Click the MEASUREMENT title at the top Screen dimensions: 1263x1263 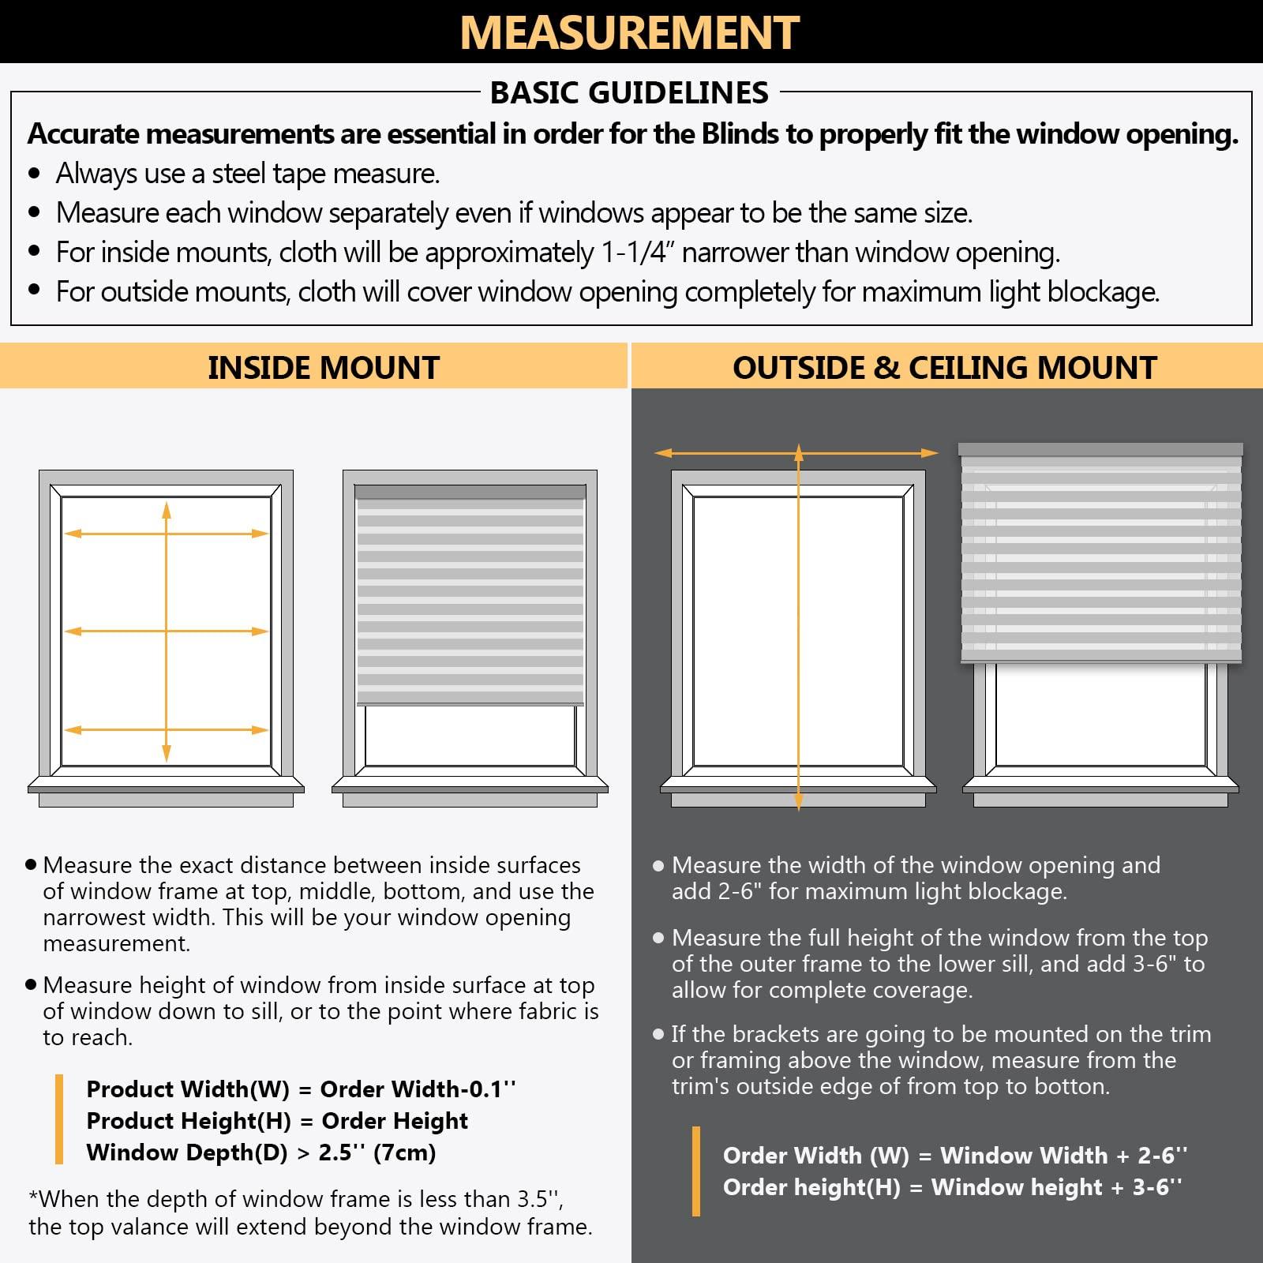pos(629,32)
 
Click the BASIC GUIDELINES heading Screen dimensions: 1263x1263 pos(629,93)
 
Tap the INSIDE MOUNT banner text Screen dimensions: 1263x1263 pos(323,368)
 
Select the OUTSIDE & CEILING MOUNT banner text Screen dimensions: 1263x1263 pos(944,368)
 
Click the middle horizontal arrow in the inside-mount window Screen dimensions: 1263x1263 pos(118,631)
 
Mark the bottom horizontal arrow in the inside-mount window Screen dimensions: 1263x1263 pos(118,730)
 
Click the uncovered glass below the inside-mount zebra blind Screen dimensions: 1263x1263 pos(470,736)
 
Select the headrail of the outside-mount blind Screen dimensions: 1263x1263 pos(1100,449)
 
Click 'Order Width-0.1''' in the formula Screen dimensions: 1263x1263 pos(418,1089)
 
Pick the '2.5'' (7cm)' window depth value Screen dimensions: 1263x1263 pos(377,1152)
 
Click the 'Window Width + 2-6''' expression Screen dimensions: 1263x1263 pos(1063,1156)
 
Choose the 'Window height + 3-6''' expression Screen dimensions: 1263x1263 pos(1056,1187)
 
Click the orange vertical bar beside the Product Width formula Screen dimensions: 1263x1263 pos(59,1119)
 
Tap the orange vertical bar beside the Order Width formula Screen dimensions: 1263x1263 pos(695,1171)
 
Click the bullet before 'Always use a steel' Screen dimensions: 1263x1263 pos(34,174)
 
